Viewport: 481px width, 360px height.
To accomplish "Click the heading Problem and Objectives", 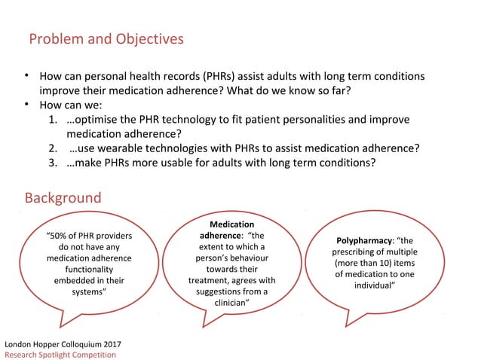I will coord(106,38).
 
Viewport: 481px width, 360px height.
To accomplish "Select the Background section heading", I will coord(63,198).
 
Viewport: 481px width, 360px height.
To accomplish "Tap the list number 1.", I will coord(54,120).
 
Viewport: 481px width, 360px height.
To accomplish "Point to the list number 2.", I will coord(54,148).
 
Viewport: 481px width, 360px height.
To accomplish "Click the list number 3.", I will coord(54,163).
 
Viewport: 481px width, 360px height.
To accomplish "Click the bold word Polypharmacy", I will coord(364,240).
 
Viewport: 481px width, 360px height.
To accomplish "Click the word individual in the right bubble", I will coord(373,286).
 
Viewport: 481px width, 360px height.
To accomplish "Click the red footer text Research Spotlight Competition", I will coord(61,355).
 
